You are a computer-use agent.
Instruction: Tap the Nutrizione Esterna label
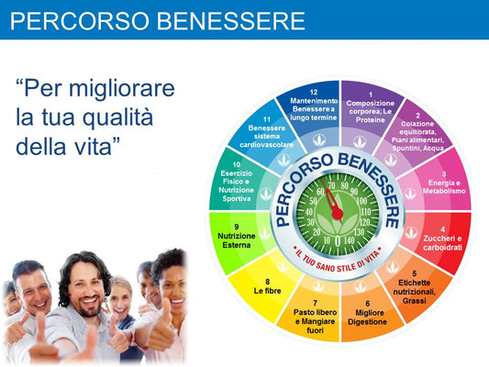tap(238, 237)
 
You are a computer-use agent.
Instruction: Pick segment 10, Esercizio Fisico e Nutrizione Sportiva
tap(237, 183)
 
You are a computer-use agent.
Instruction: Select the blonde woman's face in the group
tap(120, 299)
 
